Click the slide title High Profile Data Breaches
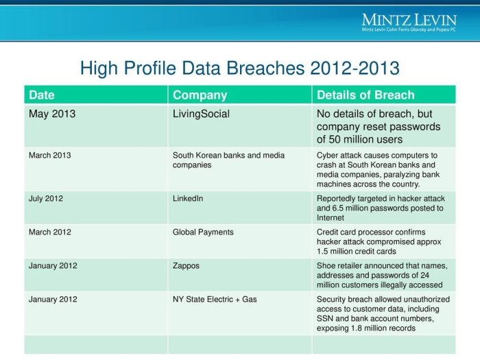239,69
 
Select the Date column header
42,95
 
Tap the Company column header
200,95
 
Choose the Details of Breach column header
365,95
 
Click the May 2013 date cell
52,114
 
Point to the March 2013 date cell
49,155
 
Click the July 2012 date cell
46,198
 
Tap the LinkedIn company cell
189,198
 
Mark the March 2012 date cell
49,232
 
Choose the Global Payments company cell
203,232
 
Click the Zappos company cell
186,265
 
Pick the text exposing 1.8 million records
366,328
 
